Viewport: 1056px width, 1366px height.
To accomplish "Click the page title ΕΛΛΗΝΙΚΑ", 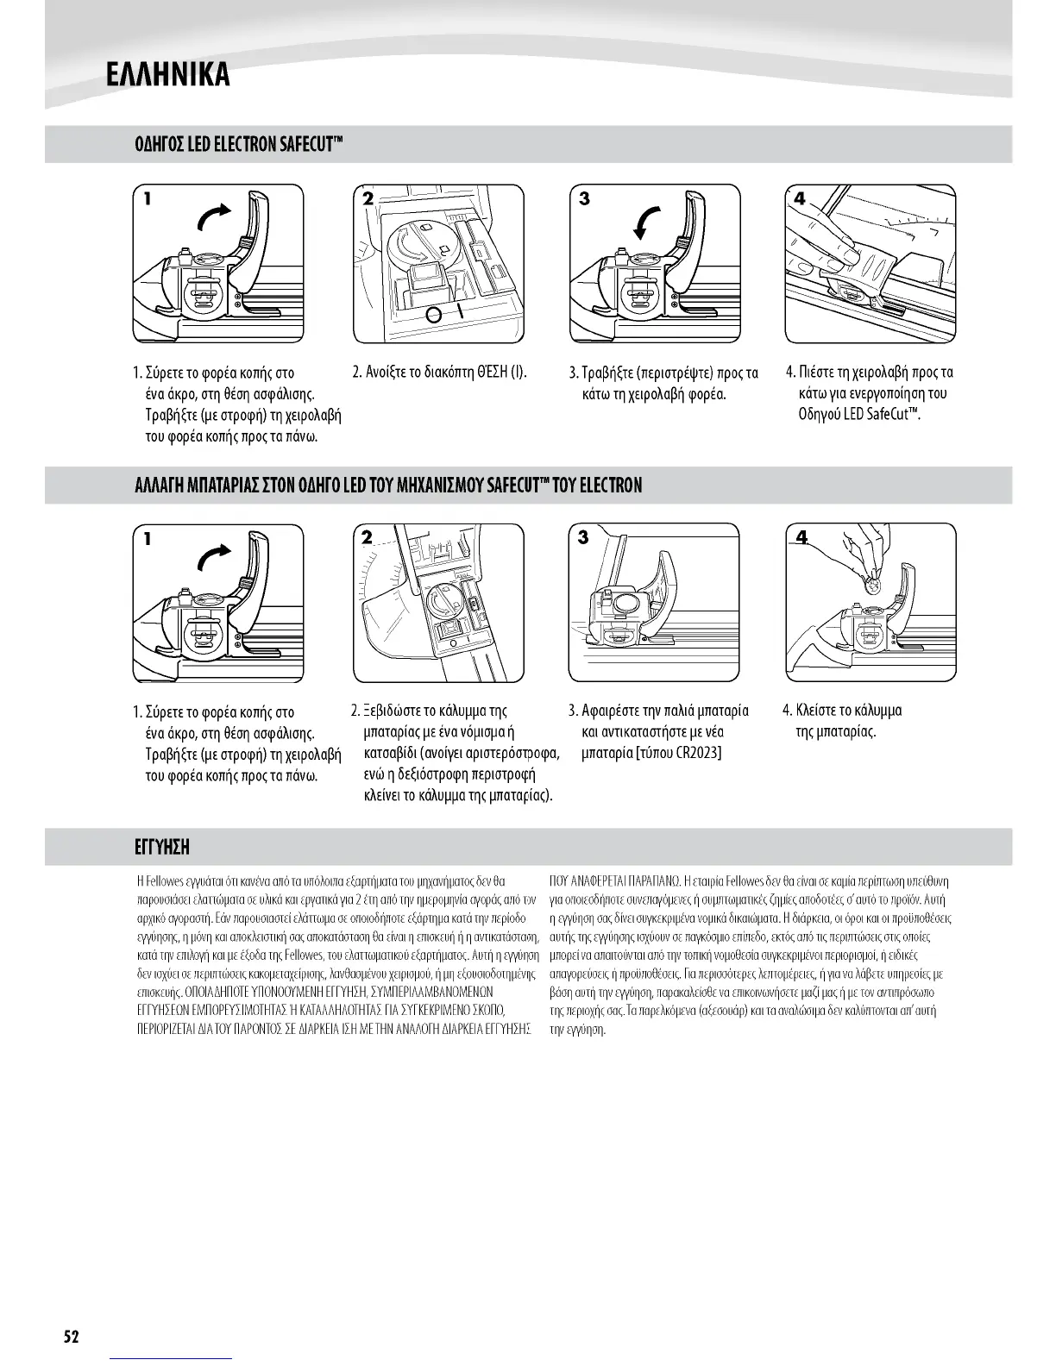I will (x=167, y=75).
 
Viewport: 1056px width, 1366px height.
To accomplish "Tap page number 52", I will (x=71, y=1338).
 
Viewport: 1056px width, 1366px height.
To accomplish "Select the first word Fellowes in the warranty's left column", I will (x=166, y=881).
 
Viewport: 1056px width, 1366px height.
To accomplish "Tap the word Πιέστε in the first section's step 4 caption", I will (x=816, y=373).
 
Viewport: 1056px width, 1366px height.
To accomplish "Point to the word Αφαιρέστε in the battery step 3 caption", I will (x=614, y=711).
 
